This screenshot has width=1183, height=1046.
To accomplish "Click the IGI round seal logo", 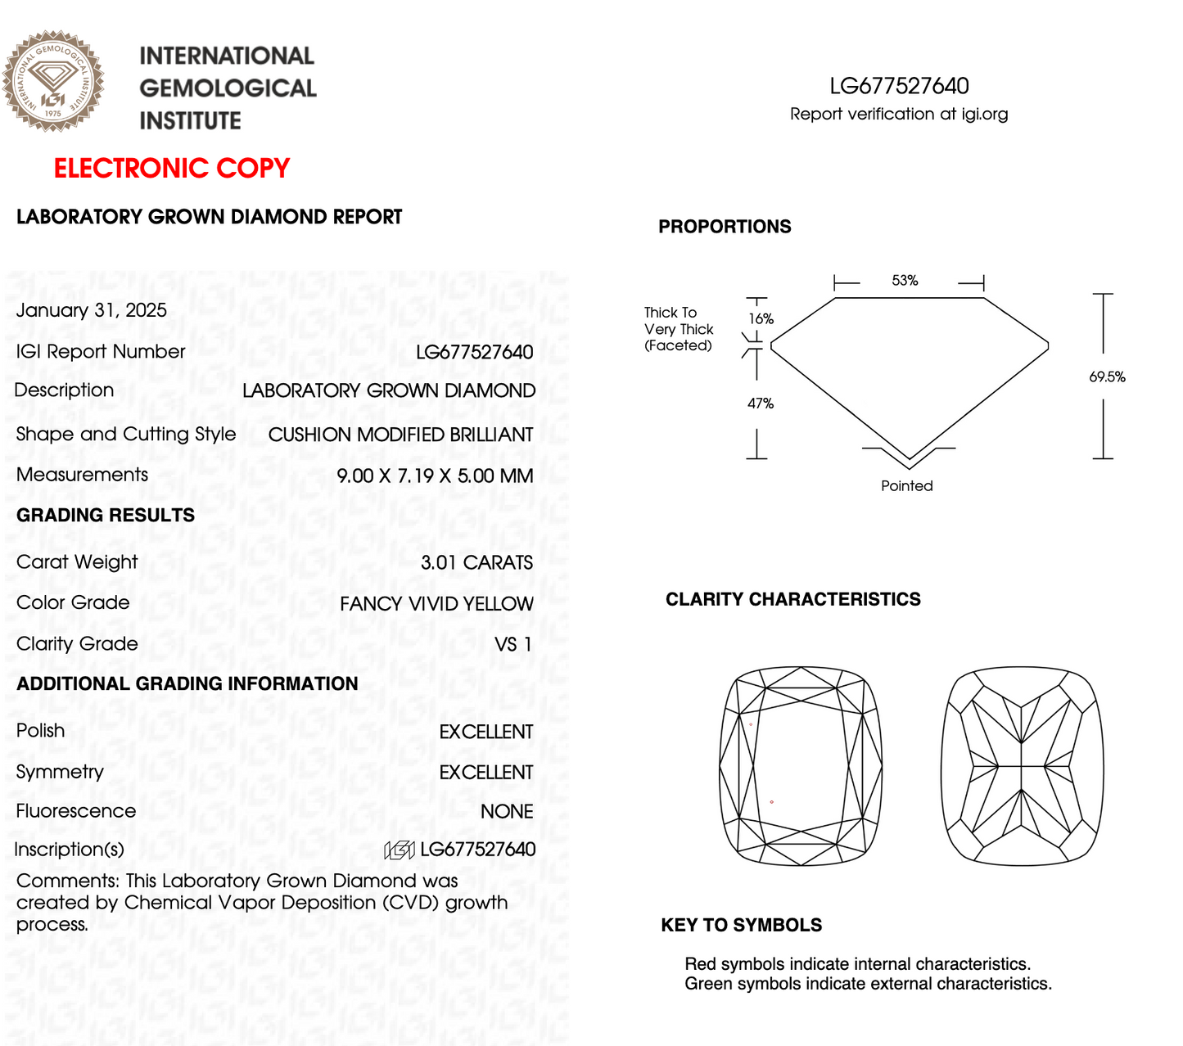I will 53,81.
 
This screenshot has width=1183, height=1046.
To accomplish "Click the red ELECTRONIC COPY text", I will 172,168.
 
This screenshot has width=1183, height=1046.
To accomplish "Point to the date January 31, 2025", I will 92,310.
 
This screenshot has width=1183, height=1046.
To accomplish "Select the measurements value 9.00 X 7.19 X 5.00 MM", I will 435,476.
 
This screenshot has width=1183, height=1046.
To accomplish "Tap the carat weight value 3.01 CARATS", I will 476,562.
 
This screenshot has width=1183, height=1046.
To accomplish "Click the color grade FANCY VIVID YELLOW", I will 436,604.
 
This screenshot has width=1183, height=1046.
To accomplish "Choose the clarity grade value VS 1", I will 513,644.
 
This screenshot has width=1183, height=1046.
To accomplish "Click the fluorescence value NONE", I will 507,811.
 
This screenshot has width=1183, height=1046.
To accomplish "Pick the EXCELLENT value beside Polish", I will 486,732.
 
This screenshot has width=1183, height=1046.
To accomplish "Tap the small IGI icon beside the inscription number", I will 400,850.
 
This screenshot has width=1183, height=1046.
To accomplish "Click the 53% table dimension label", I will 905,281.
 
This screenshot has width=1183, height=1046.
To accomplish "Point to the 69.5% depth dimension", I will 1107,377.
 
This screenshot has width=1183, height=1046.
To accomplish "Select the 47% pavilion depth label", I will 761,404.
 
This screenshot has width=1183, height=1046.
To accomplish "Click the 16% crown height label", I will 761,319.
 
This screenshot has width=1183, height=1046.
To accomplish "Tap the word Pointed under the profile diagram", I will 907,485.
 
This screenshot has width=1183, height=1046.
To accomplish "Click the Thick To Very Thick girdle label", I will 679,329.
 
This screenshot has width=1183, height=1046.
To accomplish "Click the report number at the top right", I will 899,86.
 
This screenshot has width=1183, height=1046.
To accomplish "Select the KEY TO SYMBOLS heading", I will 742,925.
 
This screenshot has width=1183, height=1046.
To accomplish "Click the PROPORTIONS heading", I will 725,227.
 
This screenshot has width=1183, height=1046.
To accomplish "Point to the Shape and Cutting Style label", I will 126,434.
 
